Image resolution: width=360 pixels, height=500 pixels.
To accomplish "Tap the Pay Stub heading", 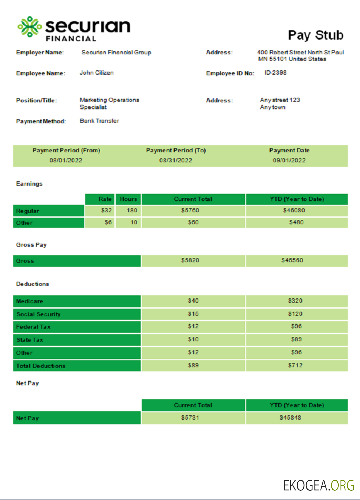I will (315, 35).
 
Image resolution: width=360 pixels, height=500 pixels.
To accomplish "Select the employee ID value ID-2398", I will (275, 73).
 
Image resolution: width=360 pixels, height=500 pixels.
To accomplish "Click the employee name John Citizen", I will (96, 73).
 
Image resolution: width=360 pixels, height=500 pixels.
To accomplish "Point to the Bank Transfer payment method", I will (99, 121).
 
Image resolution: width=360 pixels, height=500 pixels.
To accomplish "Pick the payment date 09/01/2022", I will (289, 160).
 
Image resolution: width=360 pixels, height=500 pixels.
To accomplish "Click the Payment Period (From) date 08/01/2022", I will (66, 160).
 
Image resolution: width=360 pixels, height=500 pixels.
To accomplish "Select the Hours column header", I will (128, 199).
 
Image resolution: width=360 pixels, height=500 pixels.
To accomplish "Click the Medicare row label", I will (30, 301).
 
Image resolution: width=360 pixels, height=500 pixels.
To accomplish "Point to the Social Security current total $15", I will (193, 314).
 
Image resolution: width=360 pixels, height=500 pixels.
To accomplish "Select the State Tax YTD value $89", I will (296, 340).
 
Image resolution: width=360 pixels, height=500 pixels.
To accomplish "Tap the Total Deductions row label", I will (41, 366).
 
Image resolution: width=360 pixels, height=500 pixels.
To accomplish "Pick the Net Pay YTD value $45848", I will (290, 418).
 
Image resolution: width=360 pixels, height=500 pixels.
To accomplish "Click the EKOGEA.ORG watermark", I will (318, 485).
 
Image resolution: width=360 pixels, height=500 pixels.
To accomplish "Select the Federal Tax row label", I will (33, 327).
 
